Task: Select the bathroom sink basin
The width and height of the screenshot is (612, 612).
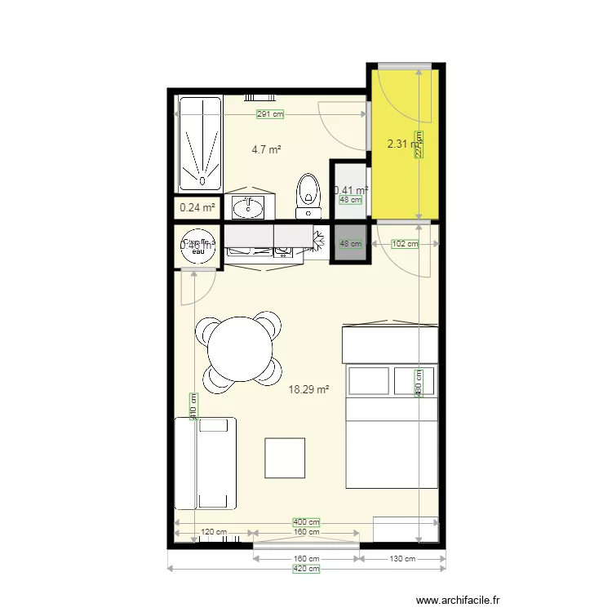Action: click(x=246, y=208)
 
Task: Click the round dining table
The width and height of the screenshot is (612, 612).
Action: click(x=240, y=349)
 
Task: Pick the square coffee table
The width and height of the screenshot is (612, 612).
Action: click(x=285, y=458)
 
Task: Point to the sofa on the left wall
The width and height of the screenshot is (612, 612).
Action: click(x=205, y=463)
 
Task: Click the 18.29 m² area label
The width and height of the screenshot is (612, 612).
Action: click(x=308, y=390)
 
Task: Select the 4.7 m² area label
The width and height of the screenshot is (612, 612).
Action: click(x=266, y=149)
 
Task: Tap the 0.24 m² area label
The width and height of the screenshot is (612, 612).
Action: click(x=197, y=208)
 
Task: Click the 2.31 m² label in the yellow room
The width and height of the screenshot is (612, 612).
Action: click(x=403, y=144)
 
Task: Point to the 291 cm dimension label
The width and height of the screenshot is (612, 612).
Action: click(x=270, y=114)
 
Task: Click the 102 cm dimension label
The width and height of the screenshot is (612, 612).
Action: click(x=405, y=243)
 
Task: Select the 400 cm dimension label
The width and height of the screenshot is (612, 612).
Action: click(x=306, y=522)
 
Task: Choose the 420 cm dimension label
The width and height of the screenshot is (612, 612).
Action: click(x=306, y=569)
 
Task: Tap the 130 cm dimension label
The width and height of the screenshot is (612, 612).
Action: click(x=403, y=559)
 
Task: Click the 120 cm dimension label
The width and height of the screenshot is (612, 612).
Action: click(x=213, y=532)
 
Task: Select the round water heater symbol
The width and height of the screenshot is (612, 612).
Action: click(x=197, y=246)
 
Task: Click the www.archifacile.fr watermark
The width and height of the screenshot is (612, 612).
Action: click(x=459, y=600)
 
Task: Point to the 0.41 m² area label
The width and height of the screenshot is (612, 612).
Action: click(x=350, y=189)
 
